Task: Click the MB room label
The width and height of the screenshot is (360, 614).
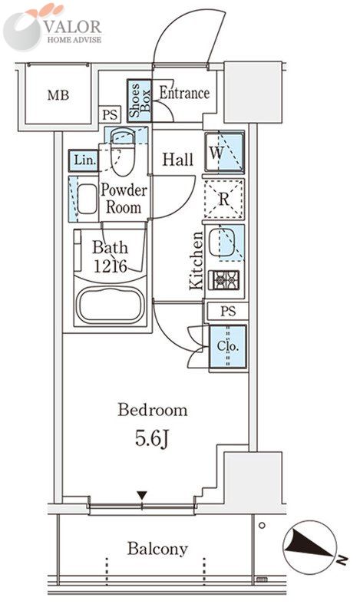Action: [x=58, y=95]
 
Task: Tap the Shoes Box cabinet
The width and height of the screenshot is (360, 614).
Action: [x=139, y=101]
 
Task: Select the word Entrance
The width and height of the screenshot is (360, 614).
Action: [x=184, y=93]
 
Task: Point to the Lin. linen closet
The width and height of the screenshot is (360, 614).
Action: [x=83, y=160]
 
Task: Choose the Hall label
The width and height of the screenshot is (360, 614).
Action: [x=178, y=160]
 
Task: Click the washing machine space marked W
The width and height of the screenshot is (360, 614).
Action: [x=224, y=152]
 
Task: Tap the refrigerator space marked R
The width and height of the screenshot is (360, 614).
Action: [x=224, y=199]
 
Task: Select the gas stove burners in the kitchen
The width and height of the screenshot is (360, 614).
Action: [x=223, y=280]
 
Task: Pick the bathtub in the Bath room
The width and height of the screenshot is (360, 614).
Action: [x=111, y=305]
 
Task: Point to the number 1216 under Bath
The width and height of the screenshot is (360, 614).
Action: [x=111, y=266]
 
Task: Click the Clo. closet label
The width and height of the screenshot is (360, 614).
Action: [x=228, y=346]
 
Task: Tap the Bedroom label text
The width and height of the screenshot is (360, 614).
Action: [x=153, y=410]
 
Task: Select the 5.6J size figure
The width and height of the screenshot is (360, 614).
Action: [x=152, y=438]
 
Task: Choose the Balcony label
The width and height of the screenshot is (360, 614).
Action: [x=157, y=549]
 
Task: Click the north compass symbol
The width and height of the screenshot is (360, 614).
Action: [x=310, y=547]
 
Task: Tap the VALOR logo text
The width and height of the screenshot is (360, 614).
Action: [x=73, y=27]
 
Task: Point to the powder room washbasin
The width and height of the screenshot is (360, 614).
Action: [x=87, y=199]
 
